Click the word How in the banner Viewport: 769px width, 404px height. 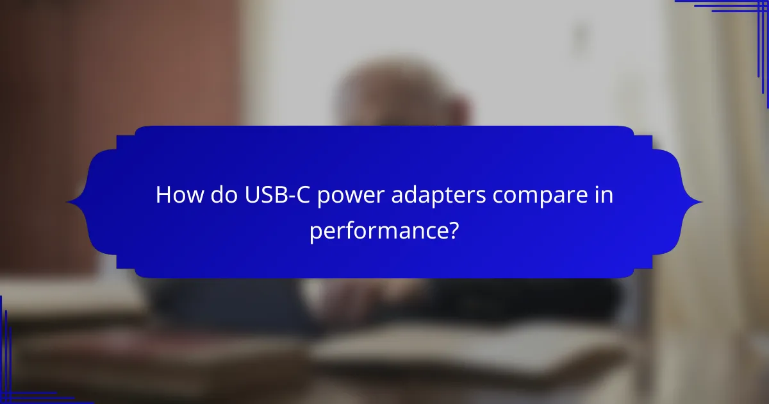pos(176,196)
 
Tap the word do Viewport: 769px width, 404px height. pos(218,196)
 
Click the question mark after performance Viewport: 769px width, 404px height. pos(454,230)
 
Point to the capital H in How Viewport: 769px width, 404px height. pos(163,196)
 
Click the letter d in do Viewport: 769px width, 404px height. pos(211,196)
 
